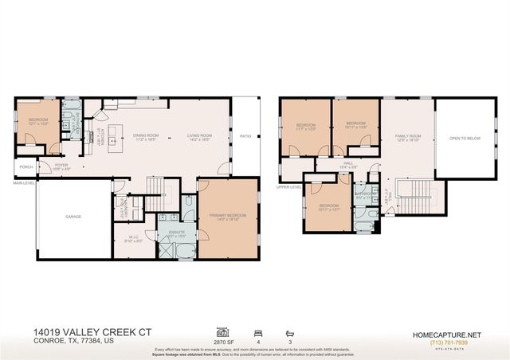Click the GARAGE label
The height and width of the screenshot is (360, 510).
(x=73, y=216)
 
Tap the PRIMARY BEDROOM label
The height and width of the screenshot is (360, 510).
(x=228, y=216)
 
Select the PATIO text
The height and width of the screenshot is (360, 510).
(x=245, y=136)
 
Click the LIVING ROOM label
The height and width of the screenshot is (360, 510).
(x=198, y=136)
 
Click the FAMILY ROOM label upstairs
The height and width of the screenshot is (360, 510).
(x=407, y=135)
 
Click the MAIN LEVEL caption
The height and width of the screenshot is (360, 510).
(x=24, y=182)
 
